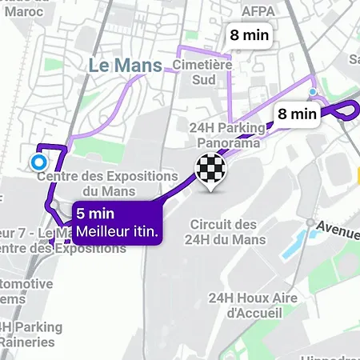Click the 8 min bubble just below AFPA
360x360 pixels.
point(250,35)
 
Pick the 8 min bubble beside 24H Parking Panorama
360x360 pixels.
point(298,114)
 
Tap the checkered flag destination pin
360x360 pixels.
point(210,170)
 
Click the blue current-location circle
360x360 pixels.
point(37,162)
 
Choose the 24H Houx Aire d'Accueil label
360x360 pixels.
point(253,306)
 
